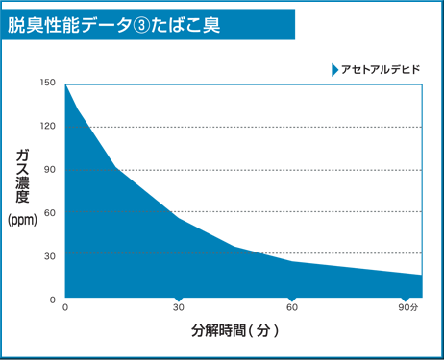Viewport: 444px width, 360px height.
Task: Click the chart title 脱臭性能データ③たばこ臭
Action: pyautogui.click(x=114, y=25)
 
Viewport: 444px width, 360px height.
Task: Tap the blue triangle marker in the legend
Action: pyautogui.click(x=333, y=70)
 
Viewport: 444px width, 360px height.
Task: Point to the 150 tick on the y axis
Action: pyautogui.click(x=48, y=84)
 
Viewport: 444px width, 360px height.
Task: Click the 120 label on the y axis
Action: pyautogui.click(x=48, y=127)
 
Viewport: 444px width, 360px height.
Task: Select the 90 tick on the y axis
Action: pyautogui.click(x=50, y=170)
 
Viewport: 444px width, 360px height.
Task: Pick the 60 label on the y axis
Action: pyautogui.click(x=50, y=213)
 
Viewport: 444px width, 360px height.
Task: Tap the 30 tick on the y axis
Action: pyautogui.click(x=50, y=256)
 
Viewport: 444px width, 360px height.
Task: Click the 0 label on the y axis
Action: pyautogui.click(x=53, y=300)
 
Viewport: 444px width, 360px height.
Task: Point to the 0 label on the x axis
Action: pyautogui.click(x=65, y=308)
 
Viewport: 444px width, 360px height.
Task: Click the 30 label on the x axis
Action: pyautogui.click(x=178, y=308)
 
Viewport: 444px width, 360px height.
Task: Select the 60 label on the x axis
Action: pyautogui.click(x=291, y=308)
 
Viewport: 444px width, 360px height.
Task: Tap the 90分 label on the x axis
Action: pyautogui.click(x=408, y=308)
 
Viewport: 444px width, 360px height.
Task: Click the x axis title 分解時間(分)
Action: pyautogui.click(x=235, y=331)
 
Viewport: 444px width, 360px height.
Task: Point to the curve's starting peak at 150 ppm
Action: pyautogui.click(x=65, y=84)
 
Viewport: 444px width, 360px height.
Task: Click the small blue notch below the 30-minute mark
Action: pyautogui.click(x=179, y=300)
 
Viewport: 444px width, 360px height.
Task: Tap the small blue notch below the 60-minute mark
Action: pyautogui.click(x=292, y=300)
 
